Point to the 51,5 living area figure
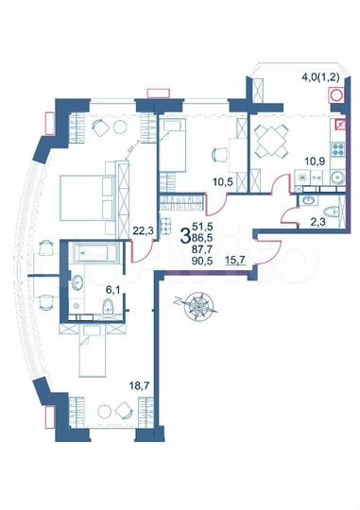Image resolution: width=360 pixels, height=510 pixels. click(x=203, y=228)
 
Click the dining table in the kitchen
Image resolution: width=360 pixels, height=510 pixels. click(x=276, y=141)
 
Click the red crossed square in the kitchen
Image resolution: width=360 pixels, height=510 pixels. click(x=339, y=123)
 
